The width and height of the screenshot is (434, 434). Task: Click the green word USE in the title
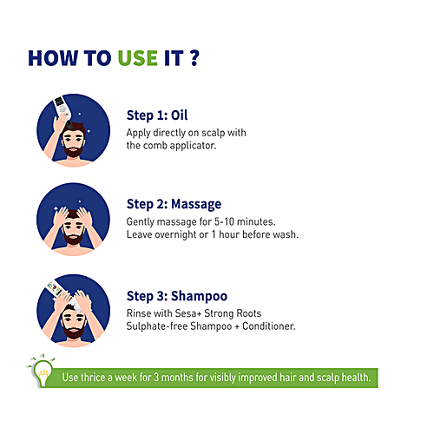pyautogui.click(x=138, y=58)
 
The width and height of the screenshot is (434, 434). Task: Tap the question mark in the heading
pyautogui.click(x=195, y=58)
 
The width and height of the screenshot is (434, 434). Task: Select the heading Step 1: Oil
pyautogui.click(x=157, y=115)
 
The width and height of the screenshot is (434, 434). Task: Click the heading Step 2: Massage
pyautogui.click(x=174, y=204)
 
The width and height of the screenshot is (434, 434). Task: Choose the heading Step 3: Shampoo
pyautogui.click(x=177, y=296)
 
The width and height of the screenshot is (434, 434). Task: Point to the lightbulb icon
pyautogui.click(x=43, y=371)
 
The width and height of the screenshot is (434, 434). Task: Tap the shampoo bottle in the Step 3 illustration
pyautogui.click(x=56, y=288)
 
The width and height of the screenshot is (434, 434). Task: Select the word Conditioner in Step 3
pyautogui.click(x=269, y=326)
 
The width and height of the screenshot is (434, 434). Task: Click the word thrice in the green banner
pyautogui.click(x=93, y=378)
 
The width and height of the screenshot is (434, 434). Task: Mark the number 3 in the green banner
pyautogui.click(x=156, y=378)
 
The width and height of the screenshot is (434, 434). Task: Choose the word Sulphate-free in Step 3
pyautogui.click(x=156, y=326)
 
